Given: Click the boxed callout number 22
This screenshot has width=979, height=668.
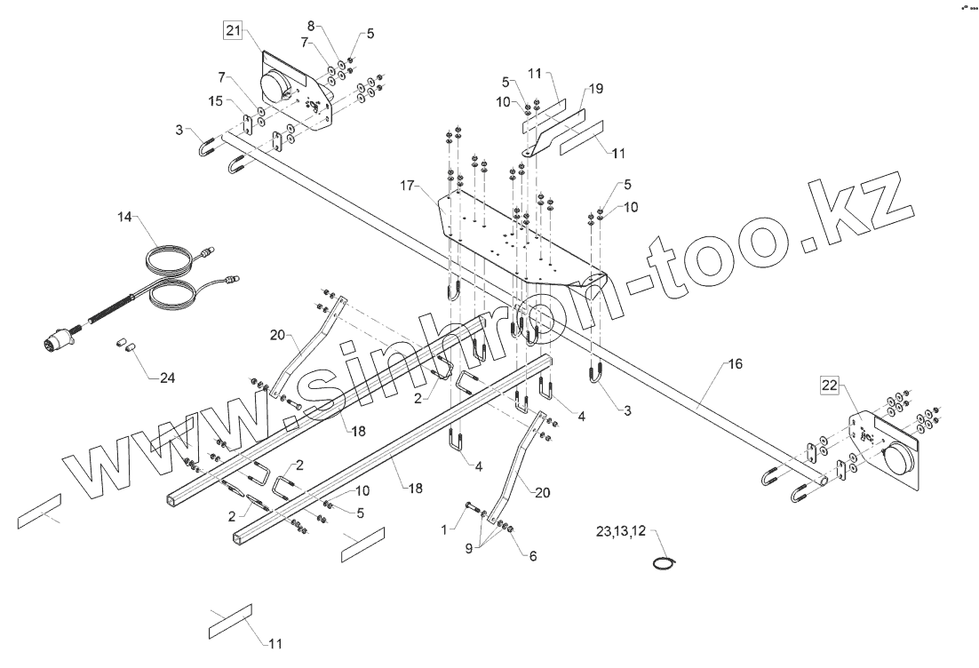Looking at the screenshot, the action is pyautogui.click(x=829, y=385).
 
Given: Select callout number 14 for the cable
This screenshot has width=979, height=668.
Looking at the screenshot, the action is pyautogui.click(x=123, y=216).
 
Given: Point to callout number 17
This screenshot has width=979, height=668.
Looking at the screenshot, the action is pyautogui.click(x=408, y=186).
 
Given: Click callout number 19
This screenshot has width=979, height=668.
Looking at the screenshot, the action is pyautogui.click(x=595, y=89).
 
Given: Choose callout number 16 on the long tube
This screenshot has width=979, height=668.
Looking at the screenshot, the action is pyautogui.click(x=735, y=364).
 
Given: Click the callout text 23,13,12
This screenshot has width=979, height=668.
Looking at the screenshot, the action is pyautogui.click(x=621, y=531).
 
